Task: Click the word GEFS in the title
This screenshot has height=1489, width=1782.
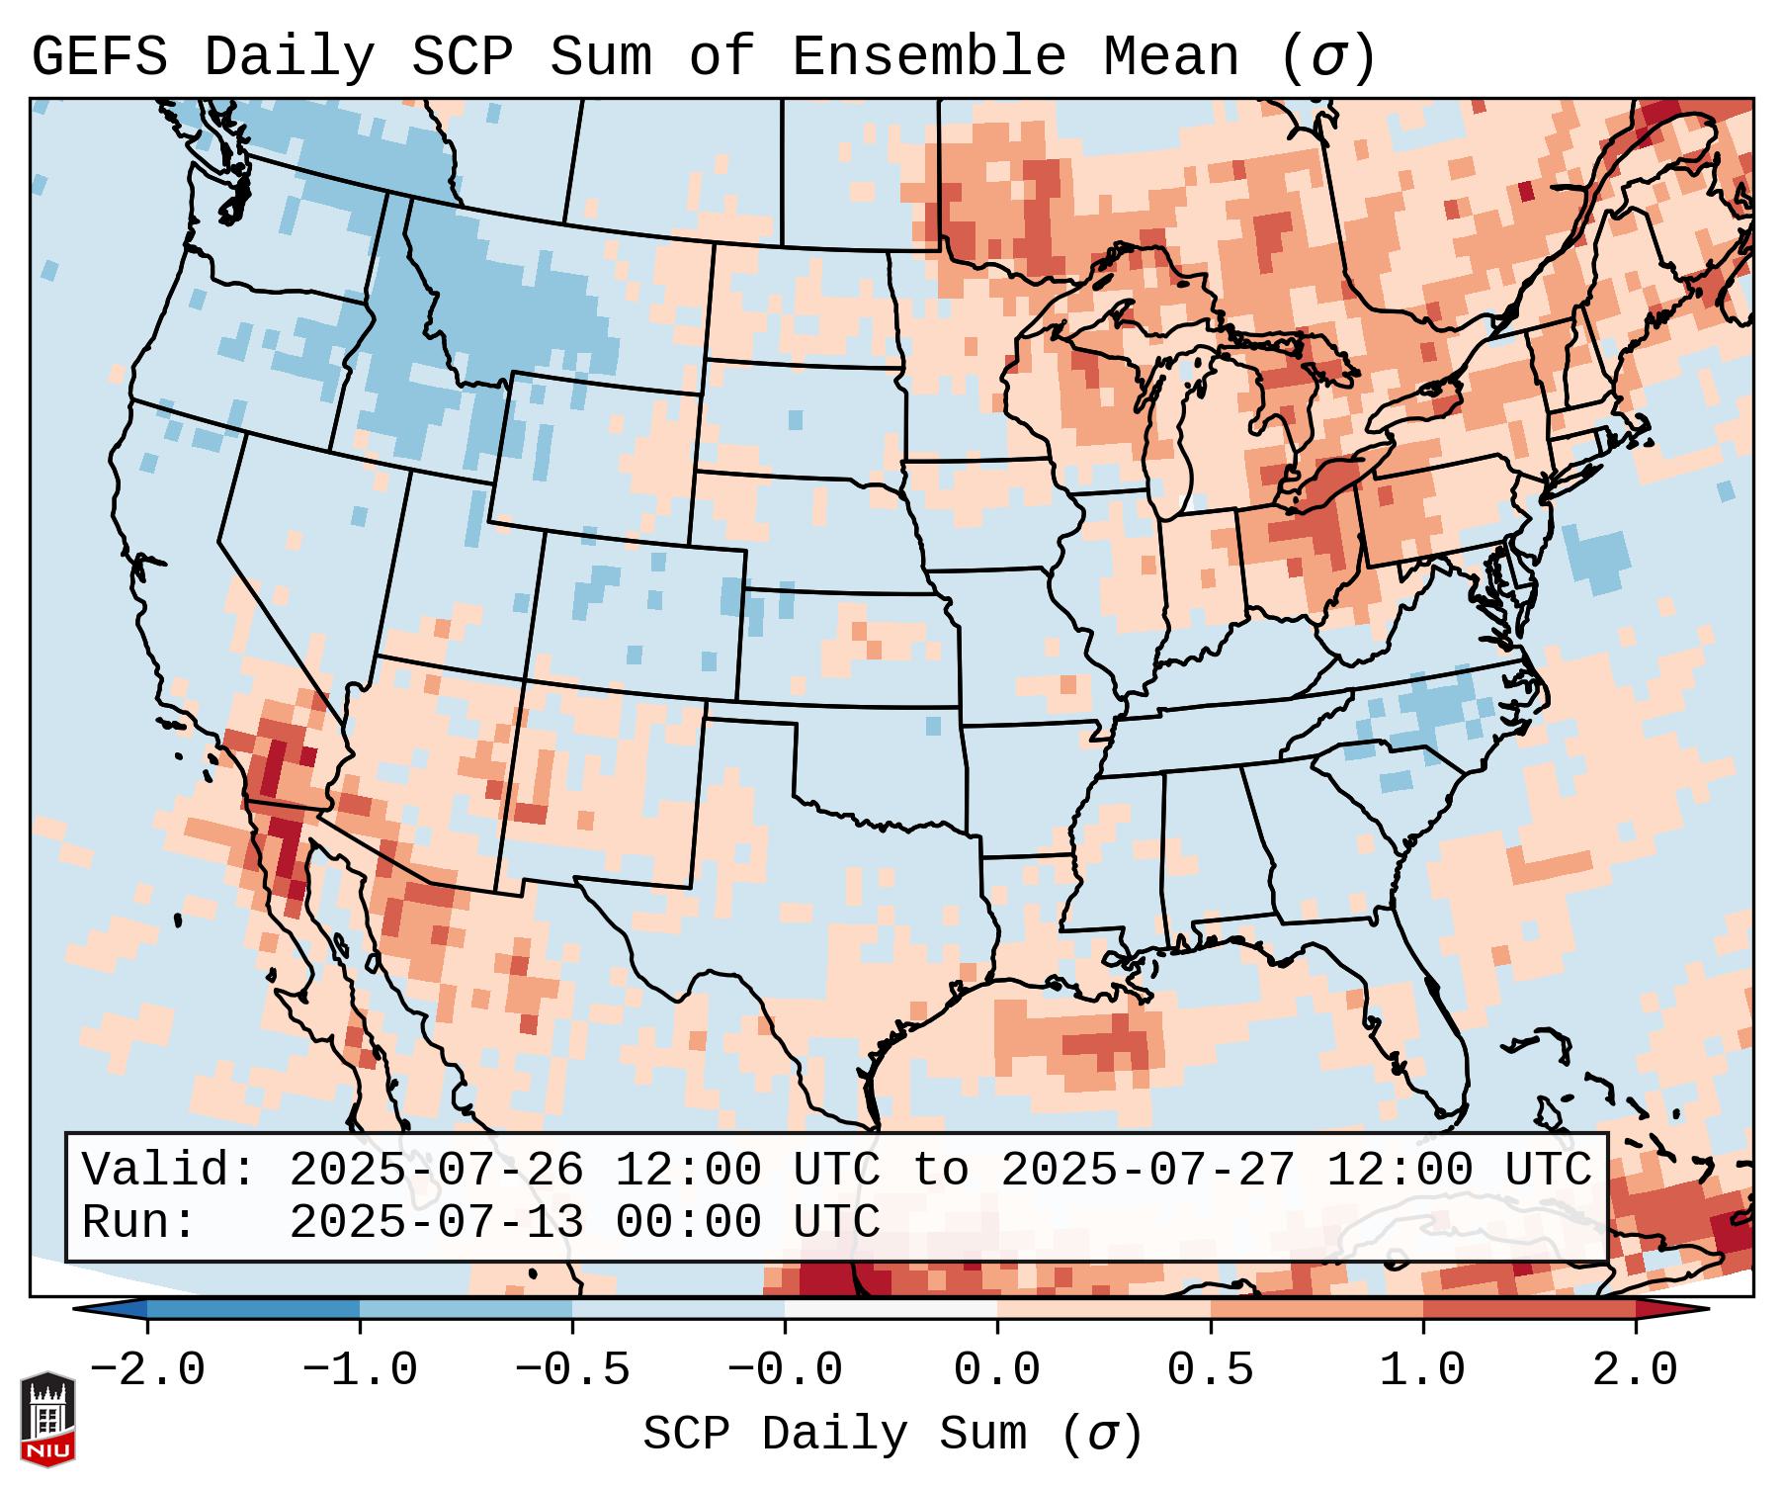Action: pyautogui.click(x=99, y=57)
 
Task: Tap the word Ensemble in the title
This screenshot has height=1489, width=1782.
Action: pyautogui.click(x=929, y=57)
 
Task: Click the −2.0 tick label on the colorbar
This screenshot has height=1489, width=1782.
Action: pyautogui.click(x=147, y=1370)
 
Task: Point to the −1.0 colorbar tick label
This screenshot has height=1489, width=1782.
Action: pyautogui.click(x=360, y=1370)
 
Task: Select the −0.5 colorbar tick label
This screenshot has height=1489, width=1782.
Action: pyautogui.click(x=572, y=1370)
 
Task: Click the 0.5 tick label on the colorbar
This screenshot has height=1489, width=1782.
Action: pyautogui.click(x=1211, y=1370)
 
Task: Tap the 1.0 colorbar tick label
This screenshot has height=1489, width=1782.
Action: pyautogui.click(x=1423, y=1370)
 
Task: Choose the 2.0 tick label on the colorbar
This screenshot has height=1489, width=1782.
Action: pyautogui.click(x=1636, y=1370)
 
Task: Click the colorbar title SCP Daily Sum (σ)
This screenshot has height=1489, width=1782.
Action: pyautogui.click(x=892, y=1435)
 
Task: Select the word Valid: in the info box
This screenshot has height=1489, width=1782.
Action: pyautogui.click(x=169, y=1171)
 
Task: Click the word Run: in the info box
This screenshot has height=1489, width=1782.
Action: pyautogui.click(x=139, y=1223)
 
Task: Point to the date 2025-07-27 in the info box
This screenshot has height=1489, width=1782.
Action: pyautogui.click(x=1147, y=1171)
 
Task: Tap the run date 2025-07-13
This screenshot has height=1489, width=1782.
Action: pyautogui.click(x=436, y=1223)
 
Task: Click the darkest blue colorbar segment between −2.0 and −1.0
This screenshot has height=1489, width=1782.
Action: pyautogui.click(x=253, y=1309)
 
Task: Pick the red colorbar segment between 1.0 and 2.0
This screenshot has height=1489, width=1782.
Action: pyautogui.click(x=1529, y=1309)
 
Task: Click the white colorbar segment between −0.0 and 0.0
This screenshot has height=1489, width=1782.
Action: pyautogui.click(x=891, y=1309)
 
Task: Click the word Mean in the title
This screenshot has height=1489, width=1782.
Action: pyautogui.click(x=1170, y=57)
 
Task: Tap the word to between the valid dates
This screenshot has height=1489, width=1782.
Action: pyautogui.click(x=940, y=1171)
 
